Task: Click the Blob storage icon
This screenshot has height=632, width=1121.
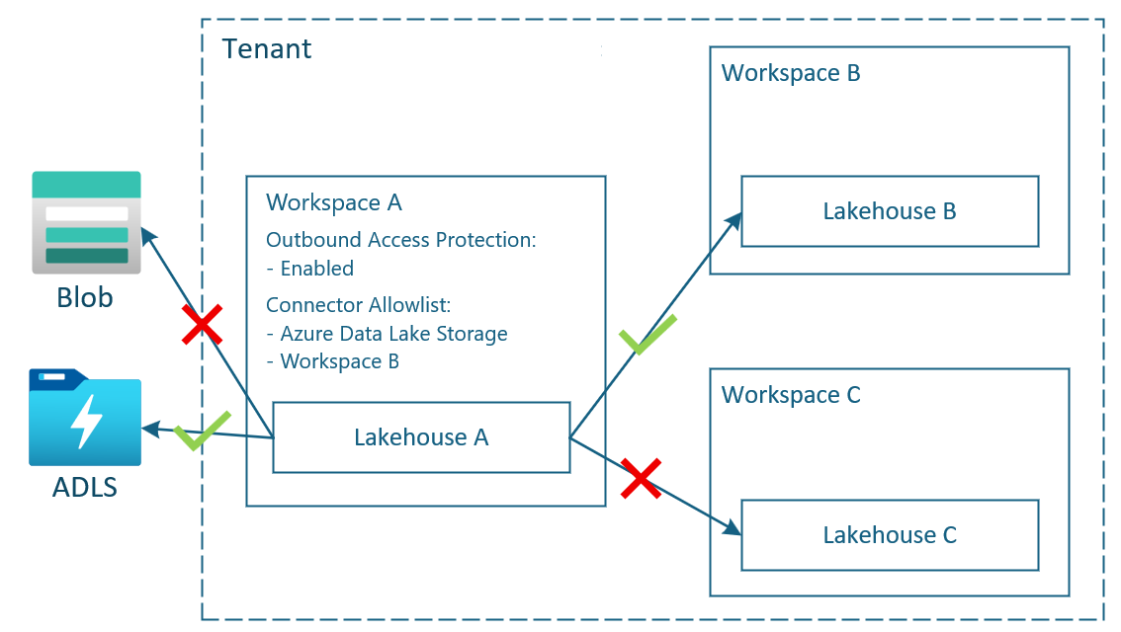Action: [86, 222]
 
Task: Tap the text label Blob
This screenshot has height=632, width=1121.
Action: [84, 297]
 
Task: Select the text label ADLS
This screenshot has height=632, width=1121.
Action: [85, 487]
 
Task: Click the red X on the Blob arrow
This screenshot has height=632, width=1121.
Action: [202, 325]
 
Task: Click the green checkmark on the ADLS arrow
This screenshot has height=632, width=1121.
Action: [202, 431]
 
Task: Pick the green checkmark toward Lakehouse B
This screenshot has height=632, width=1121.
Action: [647, 334]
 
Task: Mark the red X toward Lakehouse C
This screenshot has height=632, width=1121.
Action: [642, 478]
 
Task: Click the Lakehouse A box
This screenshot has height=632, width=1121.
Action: [421, 436]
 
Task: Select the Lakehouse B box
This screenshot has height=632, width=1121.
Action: [890, 211]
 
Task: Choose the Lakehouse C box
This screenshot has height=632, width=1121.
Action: [890, 534]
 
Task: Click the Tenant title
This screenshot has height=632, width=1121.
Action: [267, 48]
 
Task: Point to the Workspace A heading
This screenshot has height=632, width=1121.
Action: [334, 202]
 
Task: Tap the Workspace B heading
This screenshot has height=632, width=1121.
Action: [791, 73]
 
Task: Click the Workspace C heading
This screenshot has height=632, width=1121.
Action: [791, 395]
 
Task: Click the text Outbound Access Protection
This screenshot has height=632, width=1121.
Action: [400, 240]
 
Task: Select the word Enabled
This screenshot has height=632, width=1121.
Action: [316, 269]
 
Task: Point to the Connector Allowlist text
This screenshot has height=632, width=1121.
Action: [359, 305]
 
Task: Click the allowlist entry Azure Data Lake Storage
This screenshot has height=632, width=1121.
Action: [393, 334]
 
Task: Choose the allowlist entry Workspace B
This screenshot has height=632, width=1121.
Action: [339, 361]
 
